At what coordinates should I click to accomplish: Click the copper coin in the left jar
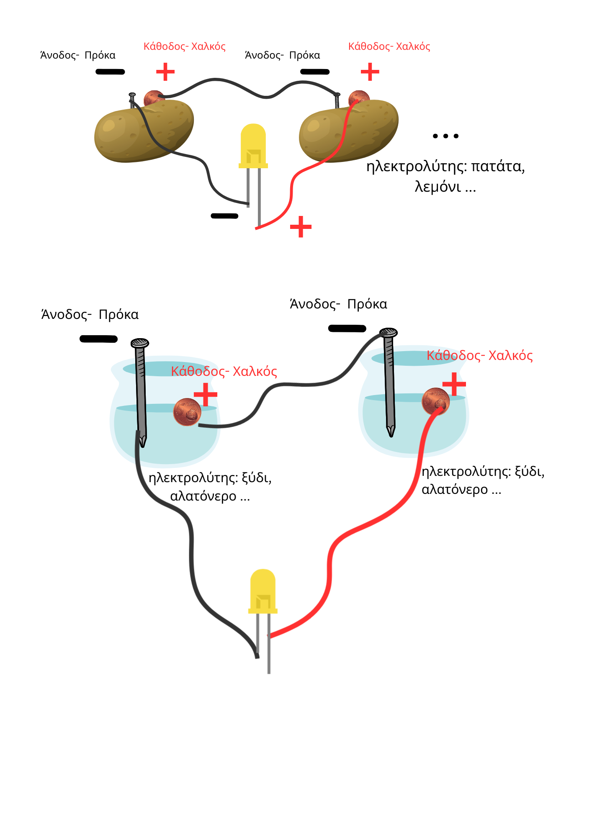coord(187,412)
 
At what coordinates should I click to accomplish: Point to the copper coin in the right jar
coord(435,401)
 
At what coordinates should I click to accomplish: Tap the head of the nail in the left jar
coord(140,344)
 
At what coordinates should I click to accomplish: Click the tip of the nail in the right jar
coord(391,433)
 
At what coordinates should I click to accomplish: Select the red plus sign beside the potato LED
coord(301,227)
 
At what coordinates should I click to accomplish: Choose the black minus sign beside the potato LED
coord(224,216)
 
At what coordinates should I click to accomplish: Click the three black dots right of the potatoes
coord(445,136)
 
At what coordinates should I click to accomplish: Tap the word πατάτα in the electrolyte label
coord(498,167)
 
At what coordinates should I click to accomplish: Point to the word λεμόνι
coord(438,187)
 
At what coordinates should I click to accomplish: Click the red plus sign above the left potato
coord(165,72)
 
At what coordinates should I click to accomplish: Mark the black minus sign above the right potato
coord(315,72)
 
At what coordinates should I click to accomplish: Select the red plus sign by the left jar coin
coord(206,394)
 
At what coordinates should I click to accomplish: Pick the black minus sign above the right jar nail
coord(347,329)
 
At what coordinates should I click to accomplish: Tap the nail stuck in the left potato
coord(132,100)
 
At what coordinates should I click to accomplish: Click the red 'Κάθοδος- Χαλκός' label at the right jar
coord(479,356)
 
